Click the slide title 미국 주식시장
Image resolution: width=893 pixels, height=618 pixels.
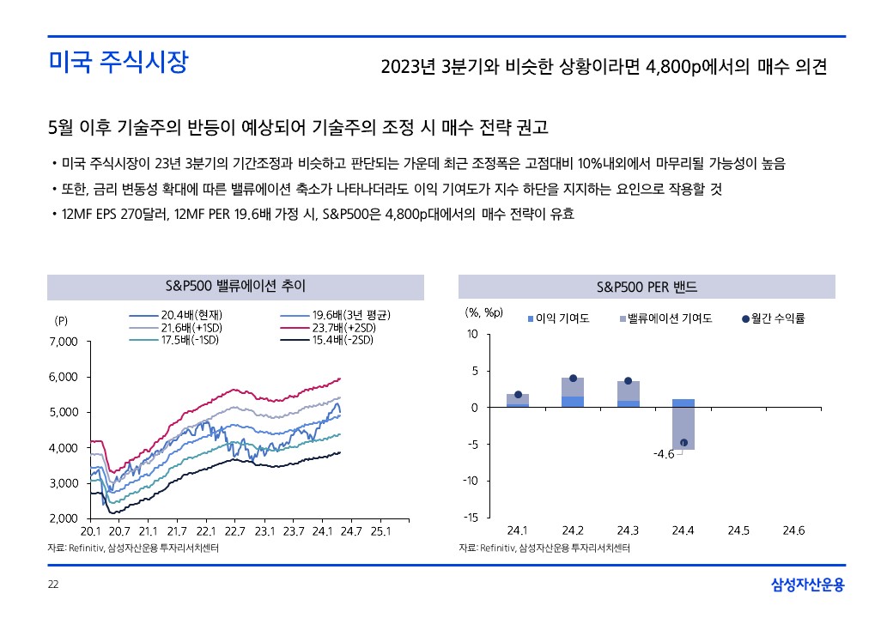coord(118,63)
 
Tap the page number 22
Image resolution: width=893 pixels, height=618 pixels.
coord(53,585)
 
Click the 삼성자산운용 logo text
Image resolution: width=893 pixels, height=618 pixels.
coord(807,585)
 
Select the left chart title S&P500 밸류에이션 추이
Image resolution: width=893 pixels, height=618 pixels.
coord(235,286)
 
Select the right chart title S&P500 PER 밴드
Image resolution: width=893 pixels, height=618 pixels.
coord(647,286)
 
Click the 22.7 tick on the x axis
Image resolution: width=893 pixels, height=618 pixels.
coord(234,530)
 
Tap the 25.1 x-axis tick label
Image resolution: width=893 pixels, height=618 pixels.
coord(380,530)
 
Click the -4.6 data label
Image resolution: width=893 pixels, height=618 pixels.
coord(664,453)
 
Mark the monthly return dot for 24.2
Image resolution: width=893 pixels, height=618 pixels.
coord(573,379)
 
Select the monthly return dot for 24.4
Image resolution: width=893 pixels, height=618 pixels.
coord(683,443)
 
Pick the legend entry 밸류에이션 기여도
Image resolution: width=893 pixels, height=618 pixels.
coord(665,318)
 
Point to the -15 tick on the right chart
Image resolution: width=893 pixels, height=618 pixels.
coord(471,517)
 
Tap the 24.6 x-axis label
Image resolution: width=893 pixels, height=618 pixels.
coord(794,530)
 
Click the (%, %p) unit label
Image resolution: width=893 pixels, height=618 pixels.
coord(483,312)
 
